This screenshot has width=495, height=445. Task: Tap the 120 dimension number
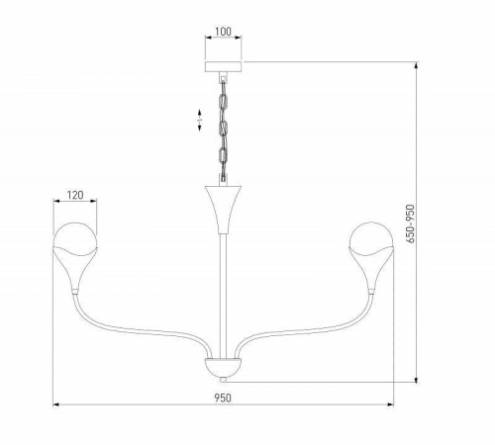point(74,196)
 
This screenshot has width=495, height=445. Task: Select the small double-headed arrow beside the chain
point(199,124)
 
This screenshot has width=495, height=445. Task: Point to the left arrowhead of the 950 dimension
point(56,405)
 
